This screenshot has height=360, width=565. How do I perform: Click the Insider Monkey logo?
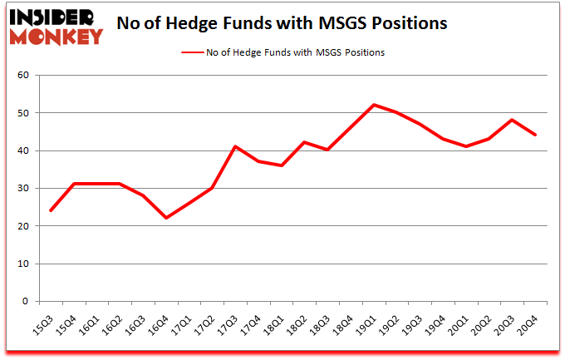pyautogui.click(x=56, y=25)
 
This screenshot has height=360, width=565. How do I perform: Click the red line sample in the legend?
pyautogui.click(x=193, y=52)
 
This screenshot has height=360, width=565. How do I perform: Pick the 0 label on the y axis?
pyautogui.click(x=26, y=302)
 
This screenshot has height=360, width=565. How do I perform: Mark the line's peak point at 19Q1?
pyautogui.click(x=376, y=105)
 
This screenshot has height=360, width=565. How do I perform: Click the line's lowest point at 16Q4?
pyautogui.click(x=166, y=218)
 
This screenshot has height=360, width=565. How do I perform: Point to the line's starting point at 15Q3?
pyautogui.click(x=50, y=210)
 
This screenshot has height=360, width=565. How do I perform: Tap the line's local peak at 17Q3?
pyautogui.click(x=236, y=146)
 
